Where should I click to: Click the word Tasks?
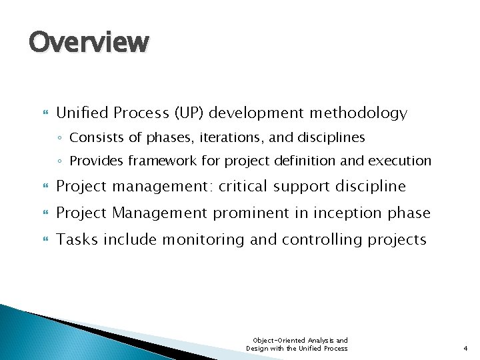point(75,240)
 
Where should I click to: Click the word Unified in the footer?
point(305,349)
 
